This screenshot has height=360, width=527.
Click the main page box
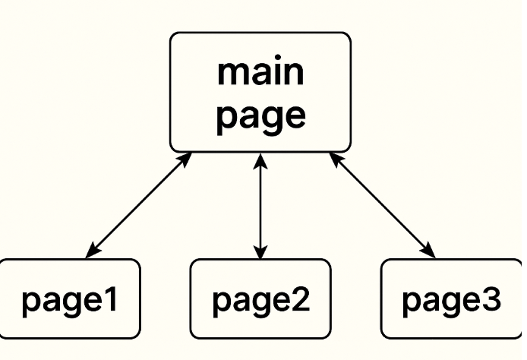(x=260, y=92)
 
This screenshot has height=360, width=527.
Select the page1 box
(x=69, y=298)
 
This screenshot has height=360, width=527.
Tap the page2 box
(x=260, y=298)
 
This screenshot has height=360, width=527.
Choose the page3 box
(x=453, y=298)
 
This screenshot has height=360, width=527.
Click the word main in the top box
(x=260, y=72)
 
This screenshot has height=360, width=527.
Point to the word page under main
(x=260, y=116)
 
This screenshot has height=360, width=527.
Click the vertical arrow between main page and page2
(x=260, y=205)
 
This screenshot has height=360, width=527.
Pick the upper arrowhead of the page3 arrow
(x=335, y=158)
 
